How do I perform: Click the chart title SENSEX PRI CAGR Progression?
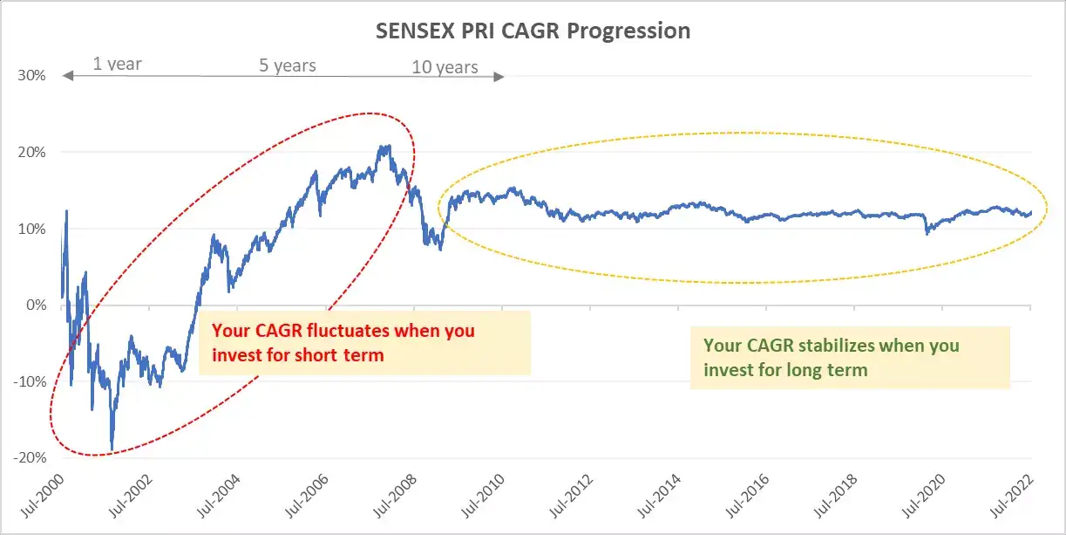[x=533, y=31]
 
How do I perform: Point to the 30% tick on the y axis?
[x=32, y=75]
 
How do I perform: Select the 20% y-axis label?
[x=32, y=152]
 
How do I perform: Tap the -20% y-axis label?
[x=31, y=458]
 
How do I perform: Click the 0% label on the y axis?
[x=36, y=305]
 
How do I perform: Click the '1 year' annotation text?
[x=117, y=64]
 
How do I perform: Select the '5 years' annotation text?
[x=288, y=65]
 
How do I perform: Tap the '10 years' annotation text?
[x=445, y=67]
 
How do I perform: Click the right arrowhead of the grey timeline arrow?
[x=500, y=77]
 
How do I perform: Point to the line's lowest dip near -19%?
[x=112, y=449]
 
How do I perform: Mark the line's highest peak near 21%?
[x=386, y=147]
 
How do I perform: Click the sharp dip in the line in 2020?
[x=927, y=233]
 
